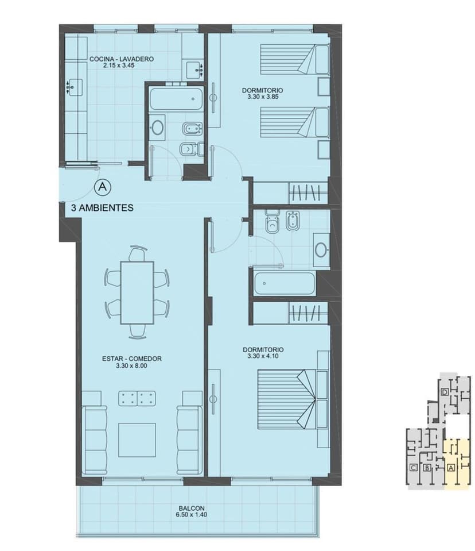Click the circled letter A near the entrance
point(103,187)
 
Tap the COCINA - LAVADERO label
point(122,59)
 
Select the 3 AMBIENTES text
point(102,207)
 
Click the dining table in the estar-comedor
point(137,292)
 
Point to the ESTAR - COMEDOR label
point(131,359)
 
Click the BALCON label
point(192,508)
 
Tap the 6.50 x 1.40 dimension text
point(192,515)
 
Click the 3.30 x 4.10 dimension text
point(263,356)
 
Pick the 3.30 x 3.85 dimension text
point(263,97)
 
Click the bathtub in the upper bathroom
point(176,99)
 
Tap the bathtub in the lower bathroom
point(285,283)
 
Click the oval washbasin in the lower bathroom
point(321,250)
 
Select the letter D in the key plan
point(445,392)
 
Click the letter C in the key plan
point(414,468)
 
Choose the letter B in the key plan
point(427,468)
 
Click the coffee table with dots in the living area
point(137,399)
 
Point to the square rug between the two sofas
point(137,440)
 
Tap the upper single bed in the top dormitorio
point(295,59)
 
